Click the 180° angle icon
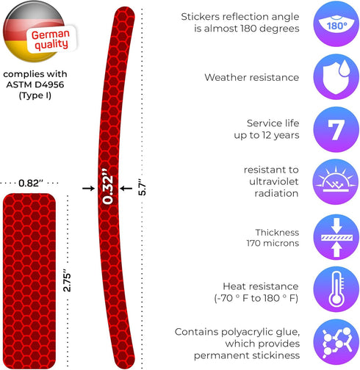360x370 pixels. coord(336,23)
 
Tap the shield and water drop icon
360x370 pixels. coord(336,76)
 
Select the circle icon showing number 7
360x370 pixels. coord(336,129)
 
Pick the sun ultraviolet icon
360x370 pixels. coord(336,182)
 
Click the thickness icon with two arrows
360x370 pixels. coord(336,237)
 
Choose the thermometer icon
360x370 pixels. coord(336,289)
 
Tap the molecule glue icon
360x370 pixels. coord(336,342)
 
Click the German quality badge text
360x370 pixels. coord(51,40)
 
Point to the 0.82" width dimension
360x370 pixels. coord(31,183)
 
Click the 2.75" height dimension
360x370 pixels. coord(67,280)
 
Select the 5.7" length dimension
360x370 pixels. coord(142,187)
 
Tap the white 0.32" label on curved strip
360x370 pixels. coord(108,186)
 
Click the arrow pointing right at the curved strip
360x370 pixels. coord(88,188)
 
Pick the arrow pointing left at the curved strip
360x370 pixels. coord(126,188)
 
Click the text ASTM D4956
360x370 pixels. coord(35,84)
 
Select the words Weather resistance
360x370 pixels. coord(252,77)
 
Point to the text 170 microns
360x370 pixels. coord(273,243)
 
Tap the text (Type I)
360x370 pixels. coord(35,95)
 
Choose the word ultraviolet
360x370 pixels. coord(274,181)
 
